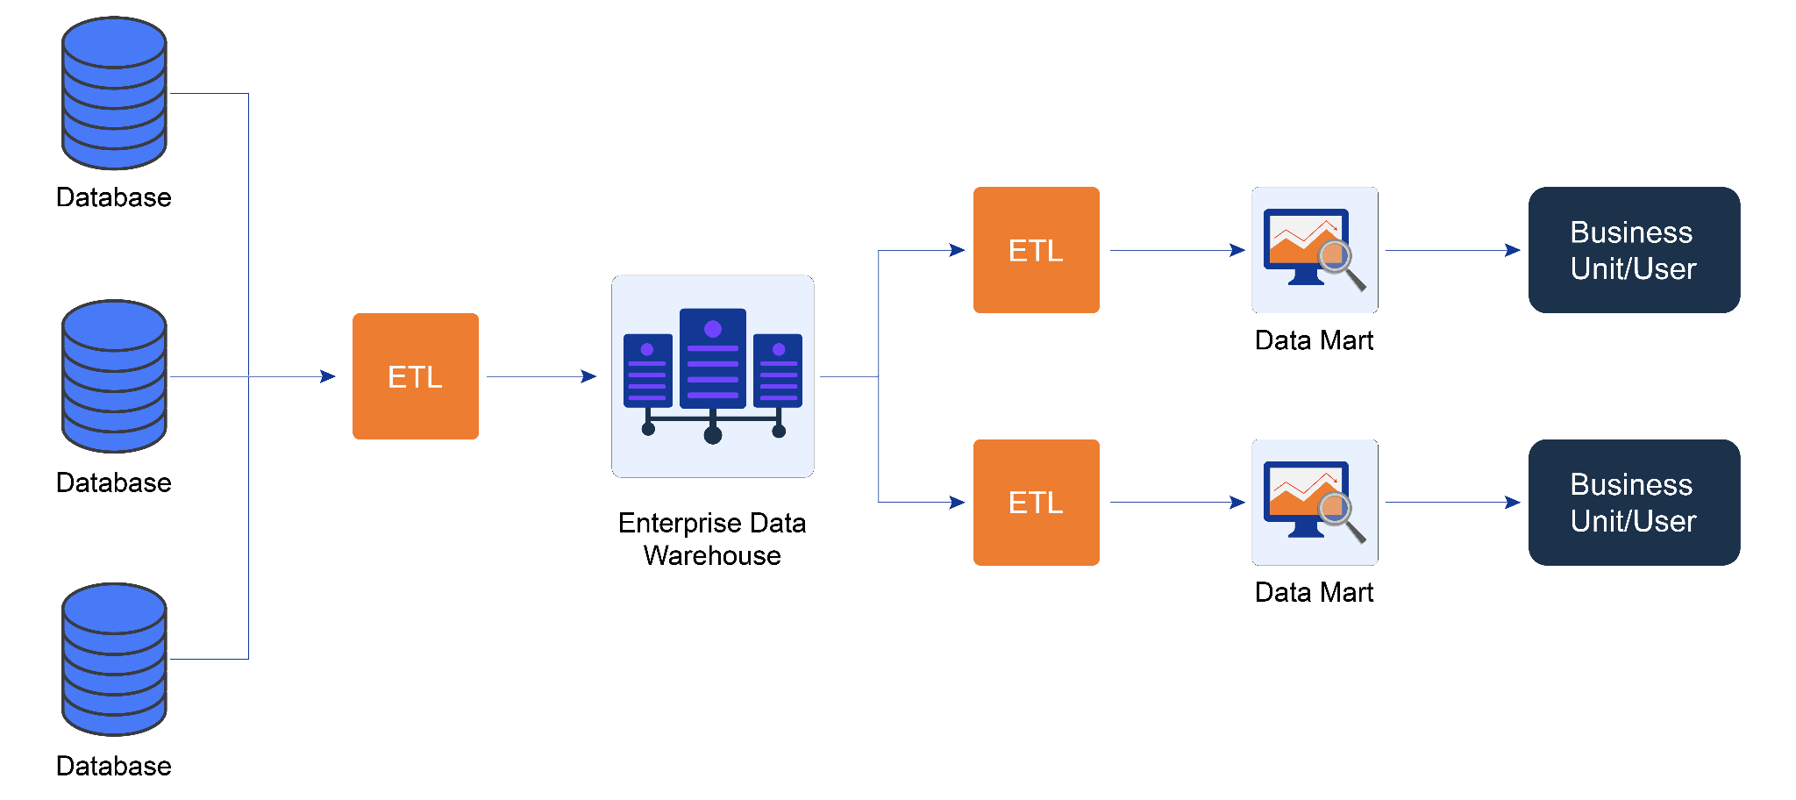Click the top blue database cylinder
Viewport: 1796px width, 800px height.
click(114, 93)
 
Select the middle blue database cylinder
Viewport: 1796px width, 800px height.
click(114, 376)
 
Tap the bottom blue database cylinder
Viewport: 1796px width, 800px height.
click(114, 660)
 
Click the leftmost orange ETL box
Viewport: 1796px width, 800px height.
click(415, 376)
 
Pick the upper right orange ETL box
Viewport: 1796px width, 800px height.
click(1036, 250)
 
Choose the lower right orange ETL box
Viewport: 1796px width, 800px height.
click(1036, 503)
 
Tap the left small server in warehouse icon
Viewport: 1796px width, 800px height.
click(647, 370)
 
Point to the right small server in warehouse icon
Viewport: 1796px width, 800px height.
click(778, 370)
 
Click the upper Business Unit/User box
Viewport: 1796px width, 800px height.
click(1634, 250)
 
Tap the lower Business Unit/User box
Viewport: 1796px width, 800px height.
click(1634, 503)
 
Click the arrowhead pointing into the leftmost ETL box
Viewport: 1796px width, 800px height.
click(328, 376)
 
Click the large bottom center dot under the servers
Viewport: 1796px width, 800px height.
click(712, 435)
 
